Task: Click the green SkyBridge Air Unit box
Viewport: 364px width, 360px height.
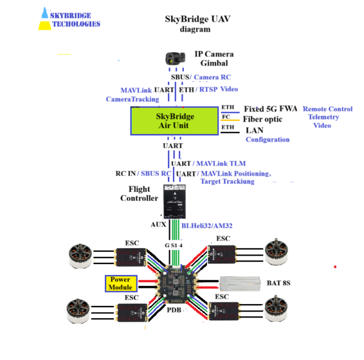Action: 174,121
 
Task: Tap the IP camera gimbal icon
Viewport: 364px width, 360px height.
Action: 175,58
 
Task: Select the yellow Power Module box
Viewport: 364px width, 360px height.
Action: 121,282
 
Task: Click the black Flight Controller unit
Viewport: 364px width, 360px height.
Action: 177,201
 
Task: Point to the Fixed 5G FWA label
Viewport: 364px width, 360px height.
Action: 270,109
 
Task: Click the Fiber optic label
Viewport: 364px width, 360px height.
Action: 263,119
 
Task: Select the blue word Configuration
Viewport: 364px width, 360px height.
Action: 268,140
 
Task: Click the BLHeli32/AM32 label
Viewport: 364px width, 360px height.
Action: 207,225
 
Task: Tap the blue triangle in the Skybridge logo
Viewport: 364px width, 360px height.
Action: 45,13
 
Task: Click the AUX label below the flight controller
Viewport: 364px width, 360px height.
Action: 158,225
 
